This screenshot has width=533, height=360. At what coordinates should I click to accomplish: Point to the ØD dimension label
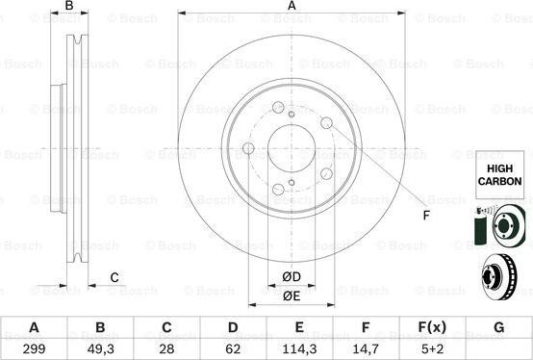[292, 278]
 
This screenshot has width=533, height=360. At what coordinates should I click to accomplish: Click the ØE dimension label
[292, 296]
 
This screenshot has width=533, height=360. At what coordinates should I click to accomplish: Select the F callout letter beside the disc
[425, 215]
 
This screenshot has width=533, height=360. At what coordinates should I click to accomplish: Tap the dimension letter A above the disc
[292, 7]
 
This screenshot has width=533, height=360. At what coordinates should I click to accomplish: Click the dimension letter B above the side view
[68, 7]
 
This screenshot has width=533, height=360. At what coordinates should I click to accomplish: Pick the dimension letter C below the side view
[114, 278]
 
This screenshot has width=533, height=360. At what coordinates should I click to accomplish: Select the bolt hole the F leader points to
[326, 123]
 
